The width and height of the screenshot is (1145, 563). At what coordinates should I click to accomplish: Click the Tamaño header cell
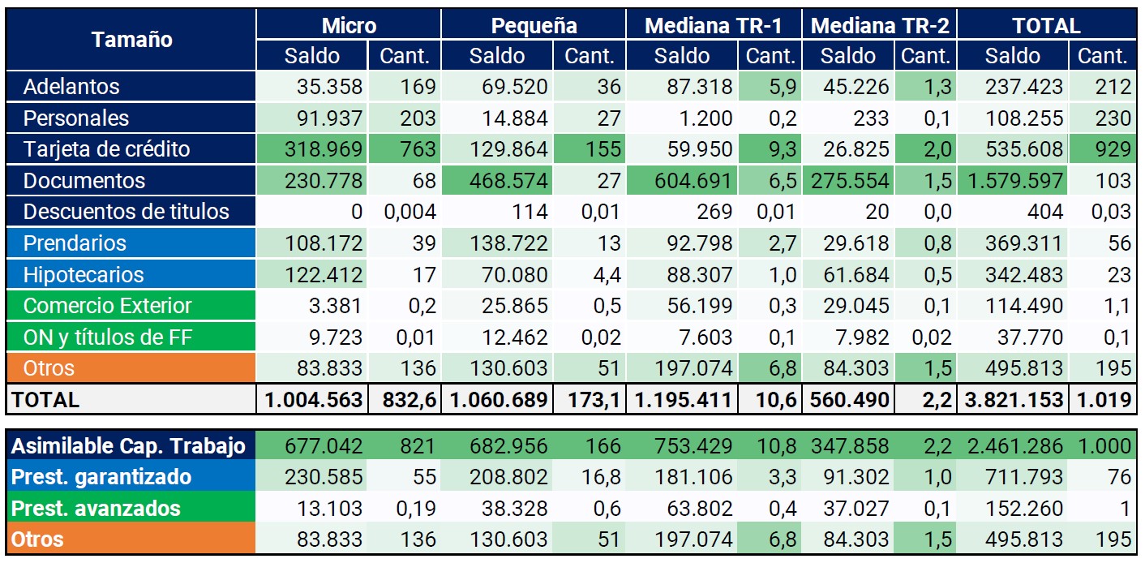(x=131, y=39)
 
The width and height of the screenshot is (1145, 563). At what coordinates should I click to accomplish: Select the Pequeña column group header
(x=534, y=25)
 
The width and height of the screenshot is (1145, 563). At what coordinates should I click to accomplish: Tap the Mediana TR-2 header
(x=880, y=25)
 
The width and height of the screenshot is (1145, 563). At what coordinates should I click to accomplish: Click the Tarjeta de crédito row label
(x=107, y=149)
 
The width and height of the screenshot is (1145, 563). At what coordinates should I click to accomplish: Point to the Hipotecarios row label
(x=84, y=274)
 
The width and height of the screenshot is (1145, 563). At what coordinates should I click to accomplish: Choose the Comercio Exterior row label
(x=108, y=306)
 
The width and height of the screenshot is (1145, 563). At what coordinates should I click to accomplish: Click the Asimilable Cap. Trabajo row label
(x=128, y=445)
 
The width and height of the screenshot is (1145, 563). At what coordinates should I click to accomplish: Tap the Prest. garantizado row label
(x=101, y=477)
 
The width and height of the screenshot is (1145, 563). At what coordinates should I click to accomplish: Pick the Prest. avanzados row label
(x=96, y=509)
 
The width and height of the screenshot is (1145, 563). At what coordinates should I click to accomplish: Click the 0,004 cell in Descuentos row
(x=409, y=212)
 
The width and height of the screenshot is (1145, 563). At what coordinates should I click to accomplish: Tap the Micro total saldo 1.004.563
(x=312, y=399)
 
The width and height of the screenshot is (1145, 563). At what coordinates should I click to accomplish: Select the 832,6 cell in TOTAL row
(x=409, y=399)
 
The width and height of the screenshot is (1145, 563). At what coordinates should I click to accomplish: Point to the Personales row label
(x=76, y=118)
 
